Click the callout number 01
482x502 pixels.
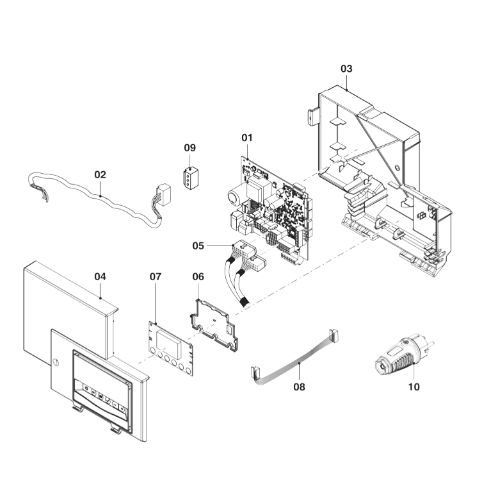point(247,137)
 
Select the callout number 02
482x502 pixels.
point(100,174)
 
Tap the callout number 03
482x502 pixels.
point(346,69)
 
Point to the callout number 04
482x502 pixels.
point(100,276)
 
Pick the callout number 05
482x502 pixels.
point(198,245)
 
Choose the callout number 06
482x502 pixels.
point(198,276)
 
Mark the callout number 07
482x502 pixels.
point(156,276)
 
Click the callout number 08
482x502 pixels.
point(299,387)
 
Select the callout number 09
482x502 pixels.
point(189,147)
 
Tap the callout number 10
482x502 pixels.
point(414,387)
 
